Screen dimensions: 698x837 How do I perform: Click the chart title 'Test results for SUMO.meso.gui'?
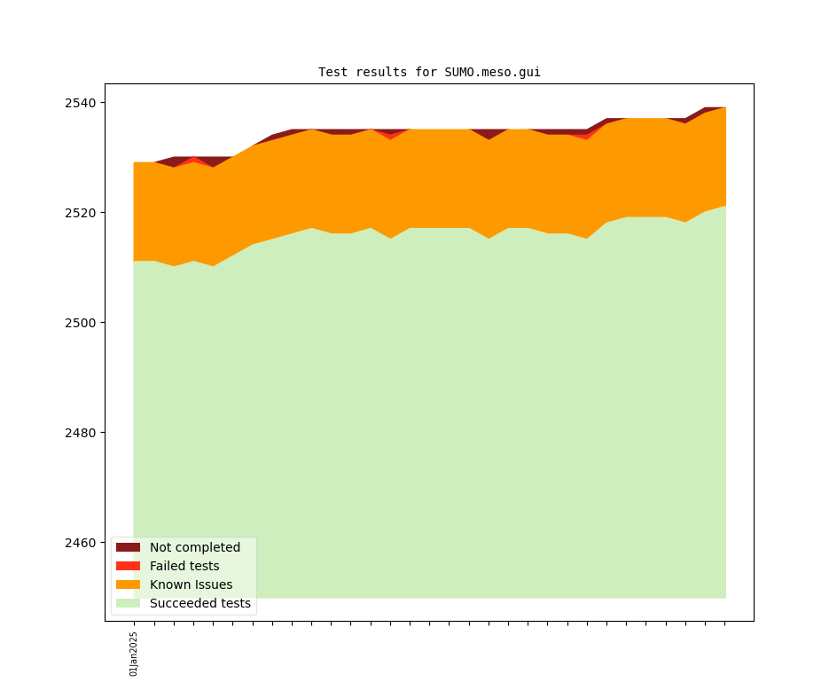(x=429, y=73)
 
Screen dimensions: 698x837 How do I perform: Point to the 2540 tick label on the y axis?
(x=80, y=103)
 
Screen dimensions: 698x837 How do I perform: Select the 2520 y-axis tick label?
(x=80, y=213)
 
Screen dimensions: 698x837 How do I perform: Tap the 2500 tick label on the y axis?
(x=80, y=323)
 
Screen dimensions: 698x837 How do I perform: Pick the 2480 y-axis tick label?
(x=80, y=433)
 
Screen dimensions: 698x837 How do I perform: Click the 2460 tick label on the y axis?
(x=80, y=543)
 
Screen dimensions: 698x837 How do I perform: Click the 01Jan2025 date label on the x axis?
(x=134, y=654)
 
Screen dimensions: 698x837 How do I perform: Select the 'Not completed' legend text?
(x=195, y=547)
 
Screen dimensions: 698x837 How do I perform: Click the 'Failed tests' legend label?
(x=184, y=566)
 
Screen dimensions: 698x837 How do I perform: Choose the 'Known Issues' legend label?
(x=191, y=584)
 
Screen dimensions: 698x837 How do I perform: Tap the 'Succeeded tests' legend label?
(x=200, y=603)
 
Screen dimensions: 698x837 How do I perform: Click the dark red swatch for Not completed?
(x=128, y=547)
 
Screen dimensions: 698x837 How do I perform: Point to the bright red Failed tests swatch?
(x=128, y=566)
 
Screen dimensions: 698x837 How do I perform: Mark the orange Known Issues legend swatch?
(x=128, y=584)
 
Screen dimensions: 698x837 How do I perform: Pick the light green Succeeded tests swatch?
(x=128, y=603)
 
